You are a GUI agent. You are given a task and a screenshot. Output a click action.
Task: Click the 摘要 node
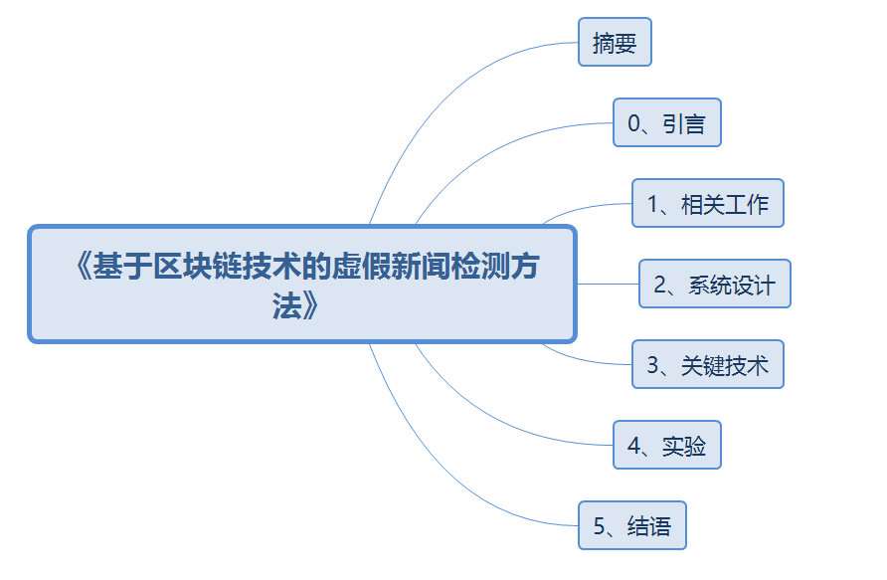pyautogui.click(x=615, y=42)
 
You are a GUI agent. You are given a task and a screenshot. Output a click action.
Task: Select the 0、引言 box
pyautogui.click(x=667, y=122)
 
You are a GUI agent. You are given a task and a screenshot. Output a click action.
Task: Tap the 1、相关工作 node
pyautogui.click(x=708, y=203)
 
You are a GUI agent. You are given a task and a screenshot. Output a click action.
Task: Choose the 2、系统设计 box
pyautogui.click(x=714, y=284)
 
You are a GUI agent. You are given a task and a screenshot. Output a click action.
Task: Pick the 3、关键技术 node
pyautogui.click(x=708, y=364)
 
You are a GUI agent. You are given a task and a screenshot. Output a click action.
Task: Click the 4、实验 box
pyautogui.click(x=667, y=445)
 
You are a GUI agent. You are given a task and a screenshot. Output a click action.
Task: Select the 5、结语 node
pyautogui.click(x=631, y=525)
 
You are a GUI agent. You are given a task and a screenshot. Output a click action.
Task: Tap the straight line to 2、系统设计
pyautogui.click(x=608, y=284)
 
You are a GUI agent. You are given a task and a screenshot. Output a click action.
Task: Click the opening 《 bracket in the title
pyautogui.click(x=82, y=267)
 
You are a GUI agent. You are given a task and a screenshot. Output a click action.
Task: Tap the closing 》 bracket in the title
pyautogui.click(x=310, y=306)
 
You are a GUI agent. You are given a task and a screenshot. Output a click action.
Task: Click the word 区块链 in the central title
pyautogui.click(x=198, y=267)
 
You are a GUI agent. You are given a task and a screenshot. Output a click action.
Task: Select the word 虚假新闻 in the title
pyautogui.click(x=390, y=267)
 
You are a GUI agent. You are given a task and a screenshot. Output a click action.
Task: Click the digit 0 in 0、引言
pyautogui.click(x=634, y=123)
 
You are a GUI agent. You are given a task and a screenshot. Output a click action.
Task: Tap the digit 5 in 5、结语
pyautogui.click(x=599, y=526)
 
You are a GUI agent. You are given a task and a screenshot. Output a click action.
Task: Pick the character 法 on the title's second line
pyautogui.click(x=286, y=306)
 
